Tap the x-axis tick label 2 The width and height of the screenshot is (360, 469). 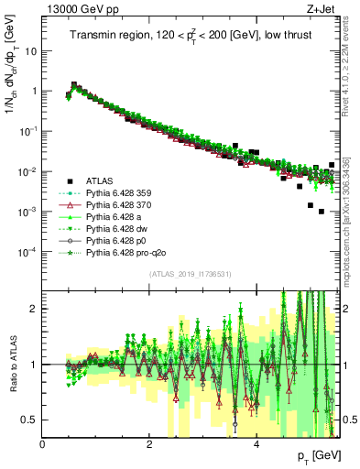pyautogui.click(x=149, y=445)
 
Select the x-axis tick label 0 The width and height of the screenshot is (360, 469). pyautogui.click(x=43, y=445)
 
